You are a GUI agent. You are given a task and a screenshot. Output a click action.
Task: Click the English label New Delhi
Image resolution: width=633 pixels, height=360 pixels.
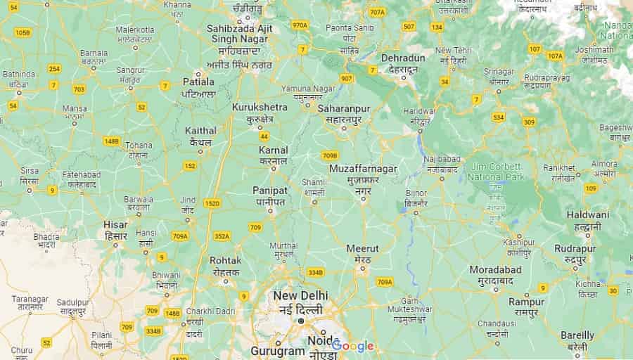(x=300, y=295)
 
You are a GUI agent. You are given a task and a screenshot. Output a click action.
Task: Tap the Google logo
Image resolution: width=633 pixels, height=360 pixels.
(x=353, y=346)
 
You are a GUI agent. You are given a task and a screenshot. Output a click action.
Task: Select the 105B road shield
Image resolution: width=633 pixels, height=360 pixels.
(x=23, y=32)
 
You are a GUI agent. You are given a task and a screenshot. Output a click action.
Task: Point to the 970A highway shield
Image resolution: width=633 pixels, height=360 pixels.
(x=300, y=25)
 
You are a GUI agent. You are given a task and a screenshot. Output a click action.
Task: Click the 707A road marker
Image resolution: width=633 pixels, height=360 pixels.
(x=377, y=12)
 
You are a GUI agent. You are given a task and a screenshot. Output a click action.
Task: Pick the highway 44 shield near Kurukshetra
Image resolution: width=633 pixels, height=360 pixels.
(x=264, y=136)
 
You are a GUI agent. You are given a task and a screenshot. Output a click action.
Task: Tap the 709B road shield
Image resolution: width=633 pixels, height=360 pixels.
(x=330, y=155)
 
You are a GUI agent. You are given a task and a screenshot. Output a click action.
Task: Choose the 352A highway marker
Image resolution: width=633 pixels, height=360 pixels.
(x=222, y=236)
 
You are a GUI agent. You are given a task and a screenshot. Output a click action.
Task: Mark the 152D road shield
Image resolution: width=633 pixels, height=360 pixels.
(x=212, y=203)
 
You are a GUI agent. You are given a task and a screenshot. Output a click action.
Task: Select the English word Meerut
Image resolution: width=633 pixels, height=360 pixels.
(x=362, y=248)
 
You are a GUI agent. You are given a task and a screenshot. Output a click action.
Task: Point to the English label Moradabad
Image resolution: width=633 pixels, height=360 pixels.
(x=496, y=270)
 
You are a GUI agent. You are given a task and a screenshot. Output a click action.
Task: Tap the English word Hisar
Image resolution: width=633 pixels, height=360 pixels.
(x=115, y=225)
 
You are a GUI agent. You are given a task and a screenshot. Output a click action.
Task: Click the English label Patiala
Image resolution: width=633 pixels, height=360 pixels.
(x=198, y=82)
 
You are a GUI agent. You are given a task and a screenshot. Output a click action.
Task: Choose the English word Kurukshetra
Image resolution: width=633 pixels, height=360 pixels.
(x=260, y=107)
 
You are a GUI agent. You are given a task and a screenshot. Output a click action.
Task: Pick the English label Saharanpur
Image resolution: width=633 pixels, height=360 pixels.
(x=344, y=108)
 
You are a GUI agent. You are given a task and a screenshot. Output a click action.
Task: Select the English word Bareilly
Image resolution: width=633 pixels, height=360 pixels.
(x=577, y=335)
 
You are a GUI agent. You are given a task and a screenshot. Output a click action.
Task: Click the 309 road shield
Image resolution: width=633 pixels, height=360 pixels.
(x=530, y=122)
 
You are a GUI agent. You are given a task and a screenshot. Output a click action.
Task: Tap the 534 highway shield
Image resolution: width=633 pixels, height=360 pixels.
(x=499, y=117)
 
